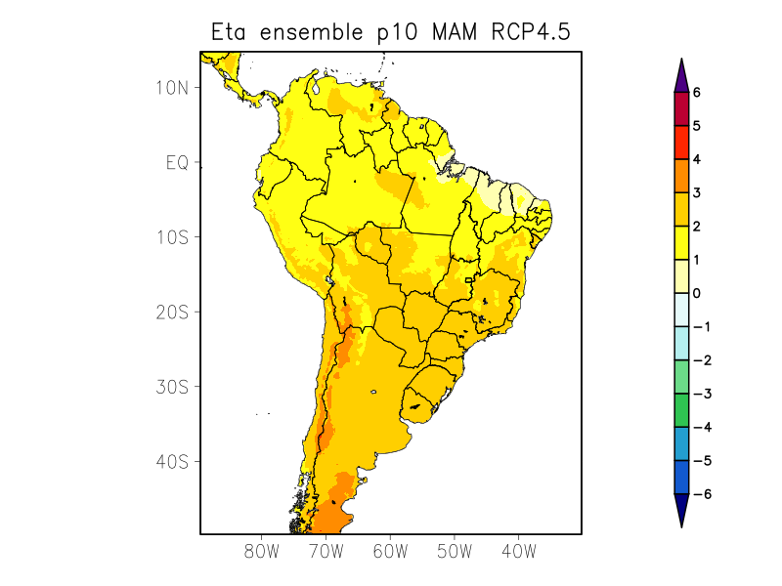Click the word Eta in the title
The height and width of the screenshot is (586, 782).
click(231, 32)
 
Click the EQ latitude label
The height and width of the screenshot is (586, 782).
click(176, 162)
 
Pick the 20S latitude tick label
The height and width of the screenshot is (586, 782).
click(171, 312)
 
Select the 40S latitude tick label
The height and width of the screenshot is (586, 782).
click(171, 461)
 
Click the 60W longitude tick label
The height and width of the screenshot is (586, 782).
click(390, 551)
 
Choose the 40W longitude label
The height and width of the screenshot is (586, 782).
click(518, 551)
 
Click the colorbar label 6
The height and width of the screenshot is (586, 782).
click(697, 93)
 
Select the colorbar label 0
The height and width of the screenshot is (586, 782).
click(697, 293)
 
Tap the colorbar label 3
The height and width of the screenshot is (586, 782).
click(697, 193)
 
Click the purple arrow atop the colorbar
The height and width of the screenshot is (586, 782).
click(681, 76)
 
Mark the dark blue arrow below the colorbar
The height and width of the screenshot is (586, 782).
click(681, 510)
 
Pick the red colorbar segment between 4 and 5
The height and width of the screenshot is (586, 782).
click(681, 143)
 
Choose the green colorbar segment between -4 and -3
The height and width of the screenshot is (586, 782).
click(681, 410)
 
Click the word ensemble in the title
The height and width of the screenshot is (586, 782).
click(316, 32)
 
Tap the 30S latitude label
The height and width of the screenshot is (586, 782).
click(171, 387)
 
